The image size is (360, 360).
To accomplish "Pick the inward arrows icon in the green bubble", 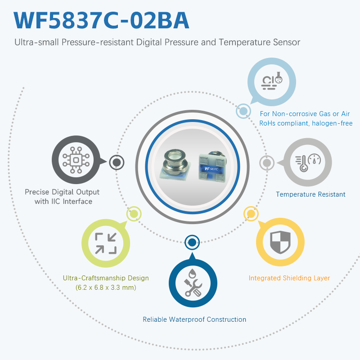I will click(x=106, y=243).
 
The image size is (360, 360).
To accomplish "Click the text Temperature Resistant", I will click(x=310, y=194).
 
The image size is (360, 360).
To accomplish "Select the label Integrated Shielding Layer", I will click(x=289, y=278).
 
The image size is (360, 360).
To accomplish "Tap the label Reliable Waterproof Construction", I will click(x=194, y=319).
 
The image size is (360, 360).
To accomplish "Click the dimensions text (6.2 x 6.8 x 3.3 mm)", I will click(x=106, y=287).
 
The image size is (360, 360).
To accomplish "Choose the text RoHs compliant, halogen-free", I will click(x=306, y=123).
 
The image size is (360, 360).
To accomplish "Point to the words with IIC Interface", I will click(x=63, y=202).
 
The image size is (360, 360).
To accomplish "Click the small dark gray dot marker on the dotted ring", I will click(x=117, y=162).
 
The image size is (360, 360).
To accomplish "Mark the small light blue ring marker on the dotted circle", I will click(x=243, y=111).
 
